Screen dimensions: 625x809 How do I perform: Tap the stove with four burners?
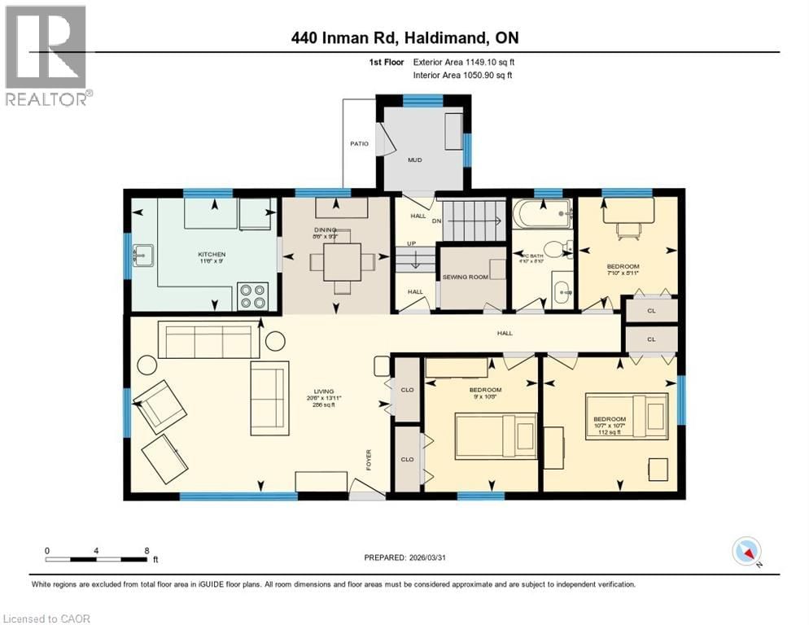coord(253,295)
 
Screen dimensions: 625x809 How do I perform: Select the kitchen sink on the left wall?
coord(142,255)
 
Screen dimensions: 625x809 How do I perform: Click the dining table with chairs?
coord(335,262)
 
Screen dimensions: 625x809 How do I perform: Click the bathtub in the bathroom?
coord(544,216)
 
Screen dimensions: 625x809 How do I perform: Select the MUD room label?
coord(415,160)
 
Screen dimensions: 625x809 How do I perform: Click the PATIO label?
coord(359,144)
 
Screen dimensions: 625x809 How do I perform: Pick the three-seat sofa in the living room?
coord(207,341)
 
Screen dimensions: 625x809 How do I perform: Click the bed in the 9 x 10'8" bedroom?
coord(495,435)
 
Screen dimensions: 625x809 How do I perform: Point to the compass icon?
coord(746,551)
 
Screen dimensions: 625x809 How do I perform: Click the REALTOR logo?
coord(47,55)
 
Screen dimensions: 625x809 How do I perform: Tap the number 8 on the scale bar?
coord(146,551)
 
